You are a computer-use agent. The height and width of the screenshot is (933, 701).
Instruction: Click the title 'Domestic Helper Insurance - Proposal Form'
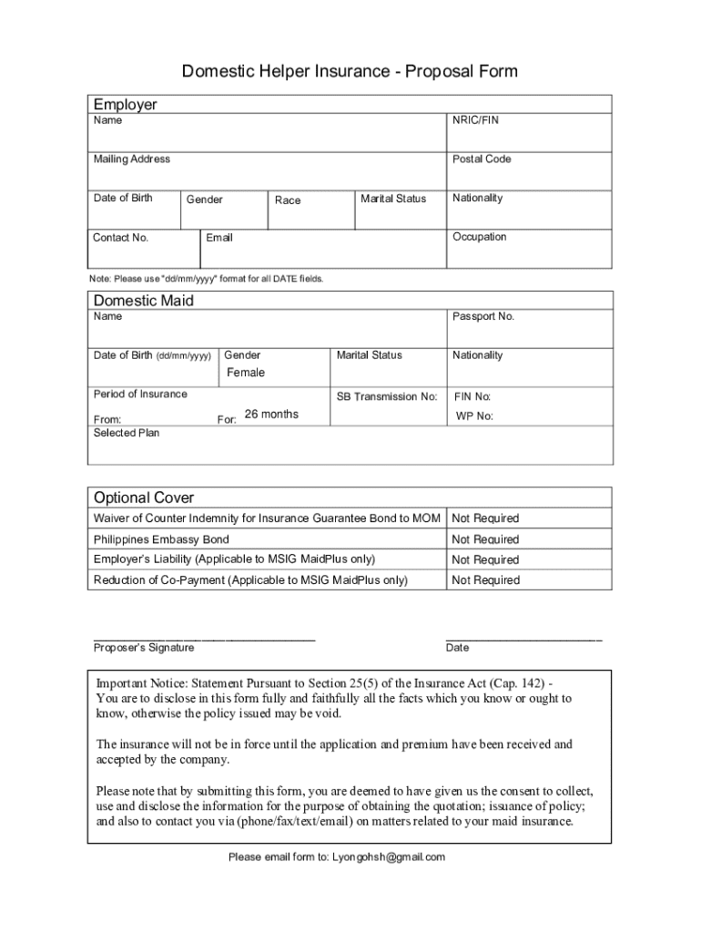pyautogui.click(x=350, y=71)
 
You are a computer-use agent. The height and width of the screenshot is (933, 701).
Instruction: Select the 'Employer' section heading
pyautogui.click(x=125, y=104)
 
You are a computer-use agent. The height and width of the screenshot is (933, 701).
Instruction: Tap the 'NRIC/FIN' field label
pyautogui.click(x=475, y=120)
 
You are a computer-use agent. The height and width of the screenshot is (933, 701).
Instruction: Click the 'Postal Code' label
pyautogui.click(x=481, y=159)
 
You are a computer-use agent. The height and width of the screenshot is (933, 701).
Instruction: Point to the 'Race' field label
pyautogui.click(x=287, y=200)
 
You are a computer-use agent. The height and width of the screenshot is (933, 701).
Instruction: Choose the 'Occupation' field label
pyautogui.click(x=479, y=237)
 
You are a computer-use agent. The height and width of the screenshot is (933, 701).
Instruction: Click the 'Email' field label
pyautogui.click(x=219, y=238)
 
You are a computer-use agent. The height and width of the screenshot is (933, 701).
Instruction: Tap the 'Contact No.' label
pyautogui.click(x=120, y=238)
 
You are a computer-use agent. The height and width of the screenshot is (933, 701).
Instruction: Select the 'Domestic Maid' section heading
pyautogui.click(x=143, y=301)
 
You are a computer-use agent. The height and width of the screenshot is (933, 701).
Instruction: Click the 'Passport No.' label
pyautogui.click(x=483, y=317)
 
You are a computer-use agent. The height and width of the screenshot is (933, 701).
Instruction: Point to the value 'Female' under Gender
pyautogui.click(x=246, y=373)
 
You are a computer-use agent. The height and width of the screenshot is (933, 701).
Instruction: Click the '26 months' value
pyautogui.click(x=271, y=415)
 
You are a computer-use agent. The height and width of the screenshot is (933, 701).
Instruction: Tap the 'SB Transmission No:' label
pyautogui.click(x=387, y=397)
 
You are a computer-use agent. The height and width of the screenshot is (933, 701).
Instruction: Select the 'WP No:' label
pyautogui.click(x=474, y=416)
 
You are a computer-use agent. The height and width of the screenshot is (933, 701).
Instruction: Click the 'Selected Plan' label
pyautogui.click(x=127, y=433)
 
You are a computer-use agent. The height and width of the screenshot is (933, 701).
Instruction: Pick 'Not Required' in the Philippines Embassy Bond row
pyautogui.click(x=485, y=539)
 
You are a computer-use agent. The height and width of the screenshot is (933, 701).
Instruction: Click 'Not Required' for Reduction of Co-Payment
pyautogui.click(x=485, y=580)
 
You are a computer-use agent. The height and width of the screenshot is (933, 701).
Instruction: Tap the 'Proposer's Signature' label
pyautogui.click(x=143, y=648)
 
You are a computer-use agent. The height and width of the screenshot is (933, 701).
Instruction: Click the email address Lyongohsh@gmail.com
pyautogui.click(x=389, y=857)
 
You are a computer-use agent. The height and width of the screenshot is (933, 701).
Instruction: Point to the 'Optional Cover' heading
pyautogui.click(x=143, y=497)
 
